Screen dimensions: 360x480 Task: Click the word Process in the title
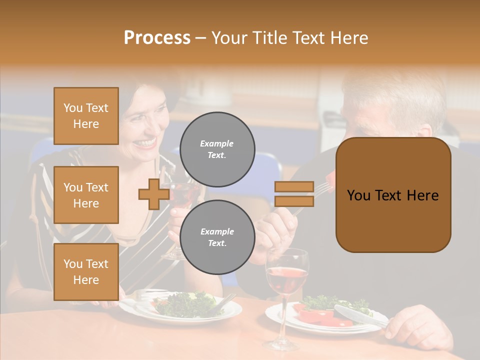[157, 38]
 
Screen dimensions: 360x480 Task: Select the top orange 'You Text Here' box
[86, 116]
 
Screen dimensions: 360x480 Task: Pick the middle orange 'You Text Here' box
[86, 195]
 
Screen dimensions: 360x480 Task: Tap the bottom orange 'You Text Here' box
[86, 271]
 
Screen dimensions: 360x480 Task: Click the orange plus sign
[153, 194]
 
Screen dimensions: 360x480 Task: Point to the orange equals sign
[294, 194]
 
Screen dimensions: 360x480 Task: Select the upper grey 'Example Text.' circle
[217, 149]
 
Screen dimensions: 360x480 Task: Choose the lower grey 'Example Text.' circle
[217, 237]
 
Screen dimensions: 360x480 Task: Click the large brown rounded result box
[393, 195]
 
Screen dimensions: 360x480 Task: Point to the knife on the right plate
[357, 317]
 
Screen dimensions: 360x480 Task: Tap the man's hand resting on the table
[412, 325]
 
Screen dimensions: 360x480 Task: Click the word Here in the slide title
[350, 38]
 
